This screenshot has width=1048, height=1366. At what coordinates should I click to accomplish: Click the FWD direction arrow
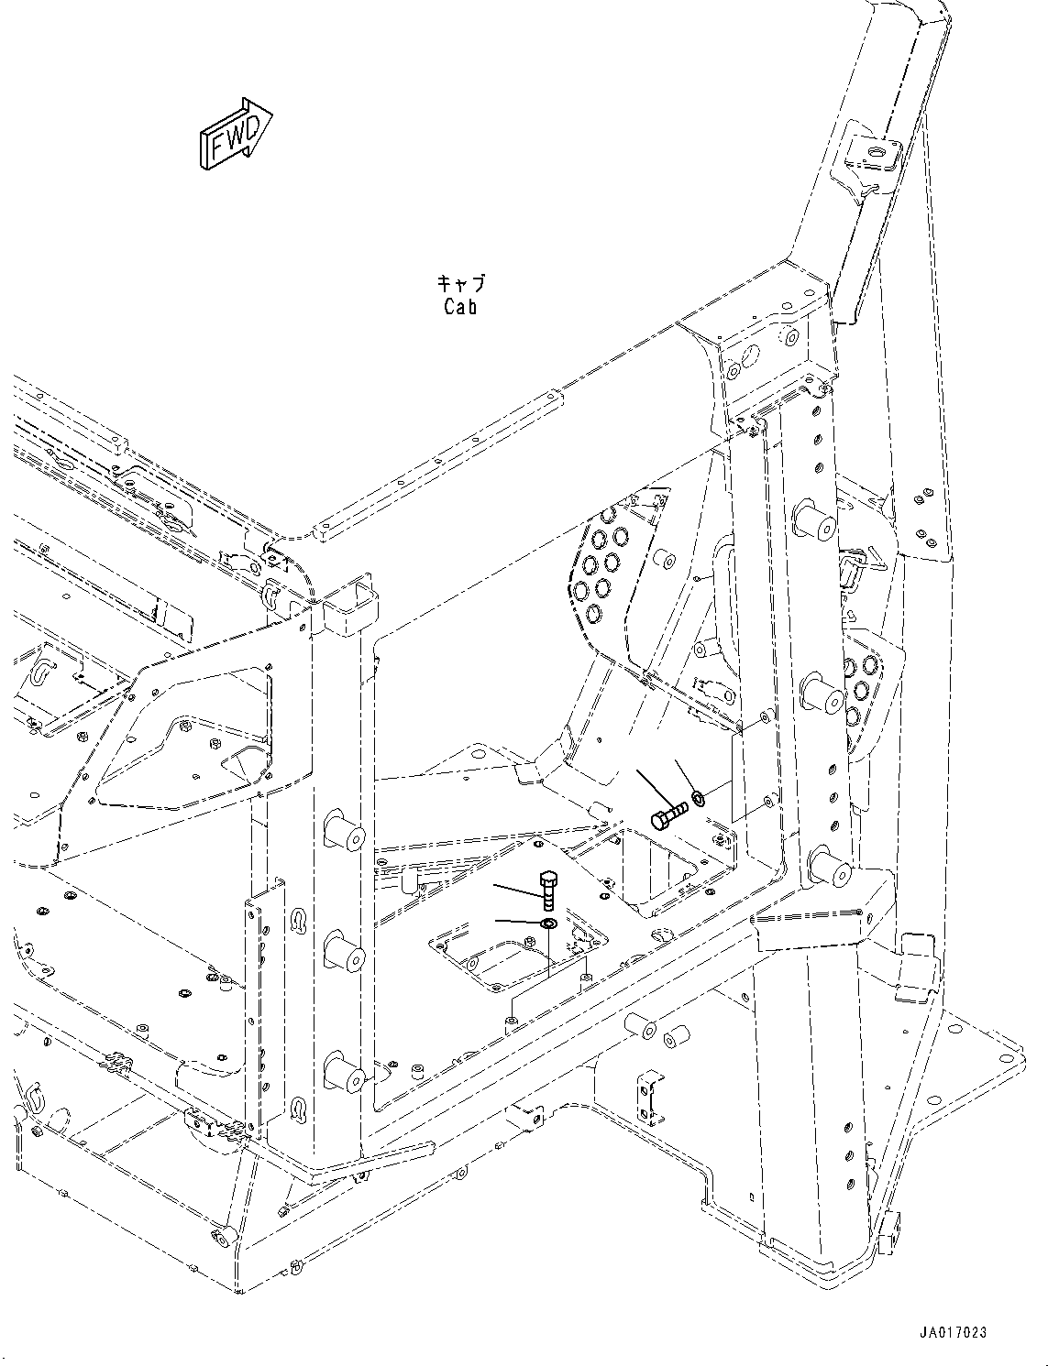(236, 134)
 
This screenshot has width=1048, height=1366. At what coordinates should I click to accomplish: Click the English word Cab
(460, 307)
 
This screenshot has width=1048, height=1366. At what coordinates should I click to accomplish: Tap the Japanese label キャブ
(460, 284)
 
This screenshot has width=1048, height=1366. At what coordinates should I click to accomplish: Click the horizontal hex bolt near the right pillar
(668, 815)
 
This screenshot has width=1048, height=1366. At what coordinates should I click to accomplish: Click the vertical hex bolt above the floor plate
(547, 891)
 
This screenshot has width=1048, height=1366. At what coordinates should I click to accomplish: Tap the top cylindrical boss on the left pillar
(345, 832)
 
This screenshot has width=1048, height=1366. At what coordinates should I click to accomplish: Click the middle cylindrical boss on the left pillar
(345, 955)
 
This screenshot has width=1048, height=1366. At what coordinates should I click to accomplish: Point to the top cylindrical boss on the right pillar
(814, 520)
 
